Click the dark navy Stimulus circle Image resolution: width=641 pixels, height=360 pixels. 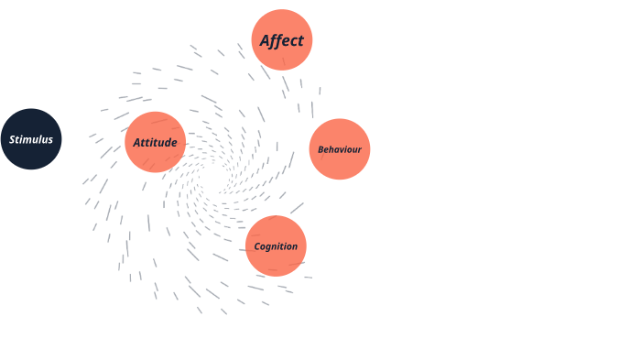click(x=31, y=139)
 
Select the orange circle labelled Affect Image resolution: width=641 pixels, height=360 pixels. click(x=282, y=40)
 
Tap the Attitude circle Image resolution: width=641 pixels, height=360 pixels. click(x=156, y=142)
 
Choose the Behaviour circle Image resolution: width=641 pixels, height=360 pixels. click(x=340, y=149)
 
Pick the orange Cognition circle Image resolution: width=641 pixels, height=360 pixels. click(x=276, y=245)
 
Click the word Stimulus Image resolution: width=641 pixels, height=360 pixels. click(x=31, y=140)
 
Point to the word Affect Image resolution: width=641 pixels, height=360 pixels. click(x=282, y=41)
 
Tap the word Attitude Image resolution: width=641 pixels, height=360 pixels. click(x=156, y=143)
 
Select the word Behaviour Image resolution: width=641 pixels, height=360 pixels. click(x=340, y=149)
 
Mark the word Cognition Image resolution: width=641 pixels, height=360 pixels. click(x=276, y=246)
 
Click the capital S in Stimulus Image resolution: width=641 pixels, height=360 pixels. click(x=13, y=140)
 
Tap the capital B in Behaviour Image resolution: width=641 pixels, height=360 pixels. click(x=320, y=149)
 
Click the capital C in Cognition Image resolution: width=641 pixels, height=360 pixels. click(x=257, y=246)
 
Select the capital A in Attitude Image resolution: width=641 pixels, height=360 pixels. click(x=137, y=143)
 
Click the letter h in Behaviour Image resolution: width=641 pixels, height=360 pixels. click(x=331, y=149)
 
